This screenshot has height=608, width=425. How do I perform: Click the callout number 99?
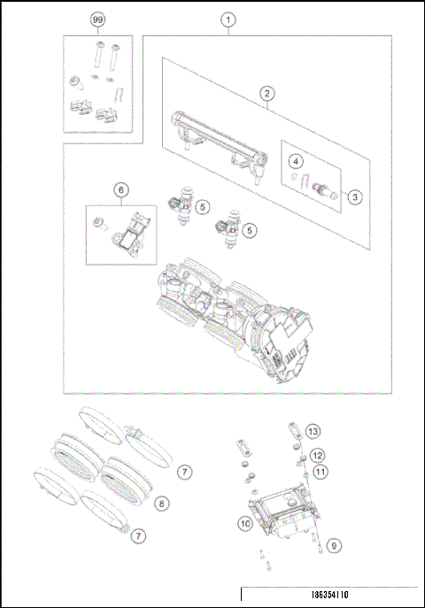[98, 19]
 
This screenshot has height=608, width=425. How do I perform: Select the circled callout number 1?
[228, 19]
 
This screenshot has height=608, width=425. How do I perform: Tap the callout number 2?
[265, 92]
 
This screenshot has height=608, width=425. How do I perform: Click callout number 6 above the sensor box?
[121, 189]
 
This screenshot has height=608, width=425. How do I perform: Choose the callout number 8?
[160, 503]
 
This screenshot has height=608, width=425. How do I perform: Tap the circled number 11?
[320, 472]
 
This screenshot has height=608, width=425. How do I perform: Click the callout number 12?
[316, 455]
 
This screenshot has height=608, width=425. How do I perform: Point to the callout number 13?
[313, 431]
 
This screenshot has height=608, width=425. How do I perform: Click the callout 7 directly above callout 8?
[184, 472]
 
